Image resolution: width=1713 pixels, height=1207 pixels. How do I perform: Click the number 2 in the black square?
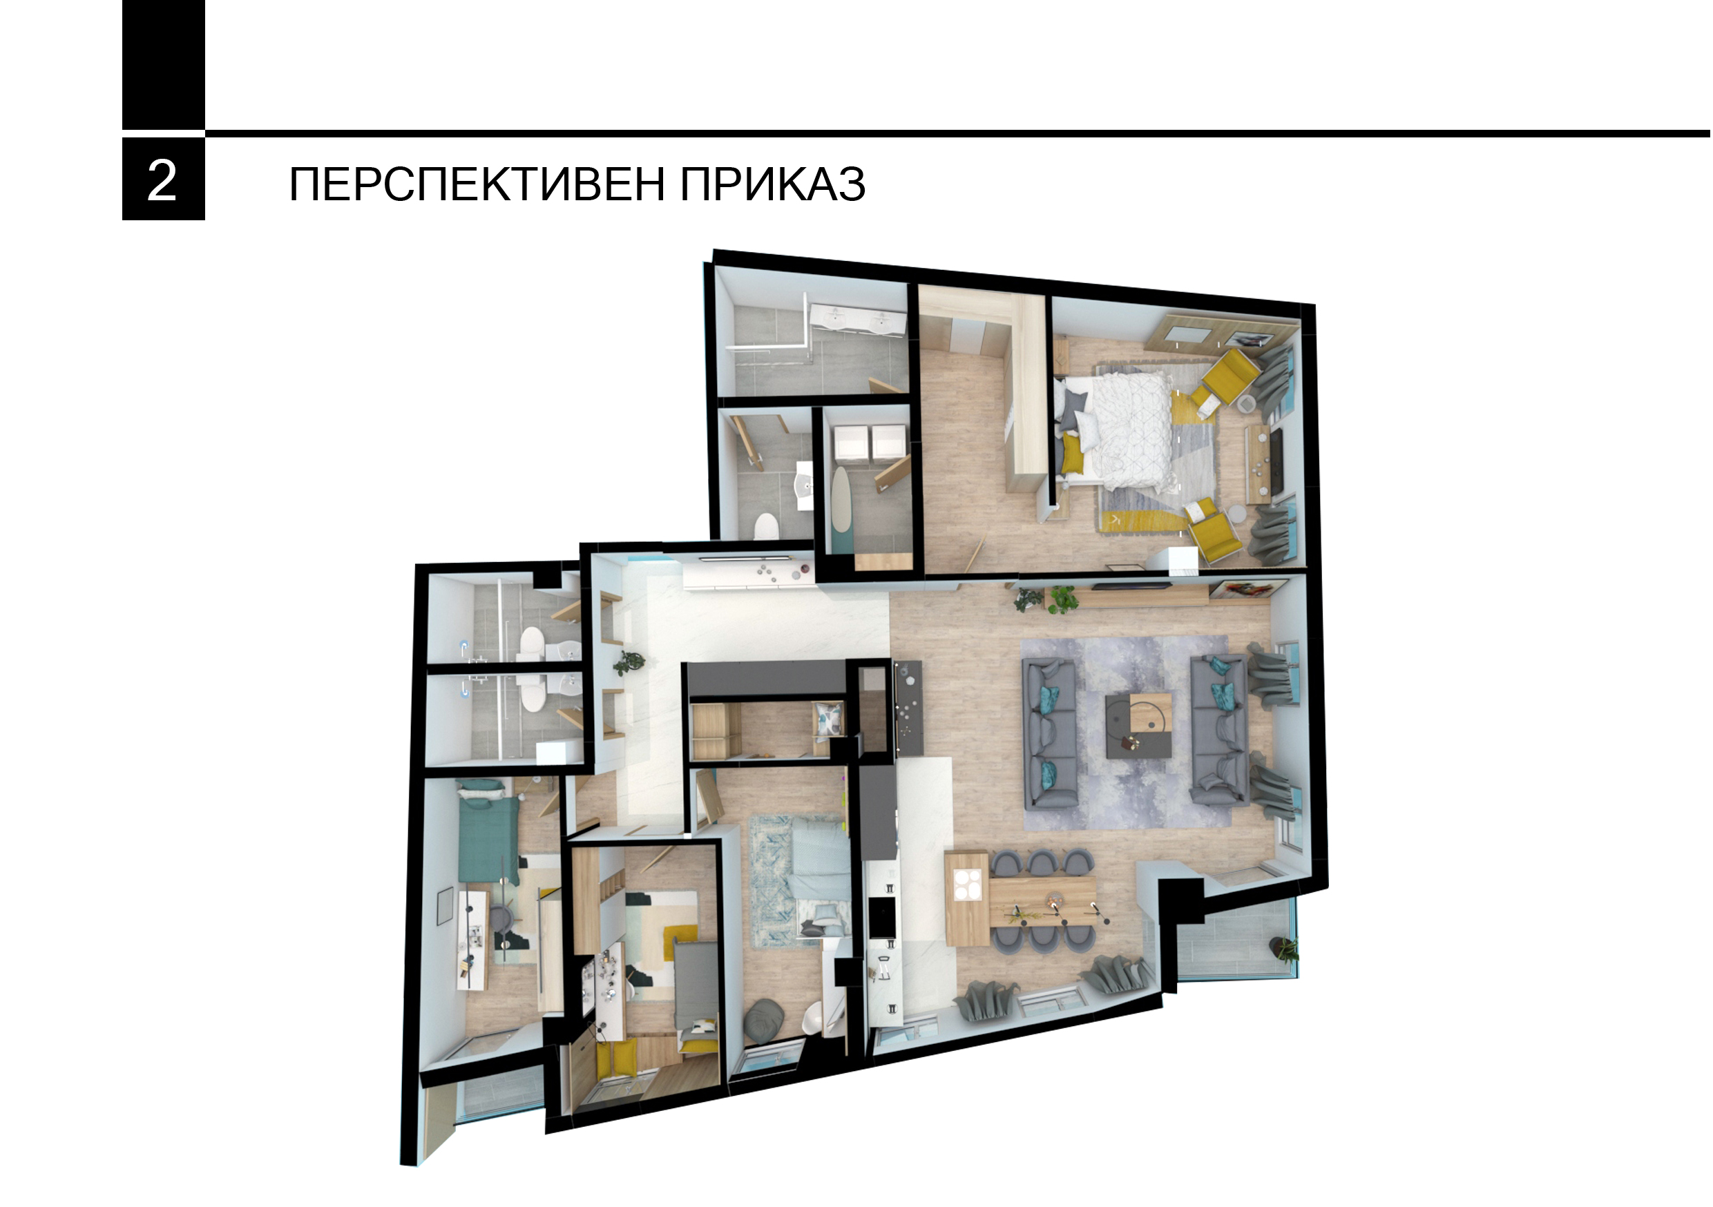click(x=162, y=180)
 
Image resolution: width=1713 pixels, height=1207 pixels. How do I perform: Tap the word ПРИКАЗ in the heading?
click(x=772, y=184)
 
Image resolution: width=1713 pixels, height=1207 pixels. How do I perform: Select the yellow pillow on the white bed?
click(x=1071, y=453)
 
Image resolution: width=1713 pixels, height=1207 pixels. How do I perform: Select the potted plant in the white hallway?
click(x=628, y=662)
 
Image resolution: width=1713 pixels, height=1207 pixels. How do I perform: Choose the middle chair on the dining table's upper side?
click(x=1042, y=863)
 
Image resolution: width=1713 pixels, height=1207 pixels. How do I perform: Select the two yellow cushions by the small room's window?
click(x=616, y=1059)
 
